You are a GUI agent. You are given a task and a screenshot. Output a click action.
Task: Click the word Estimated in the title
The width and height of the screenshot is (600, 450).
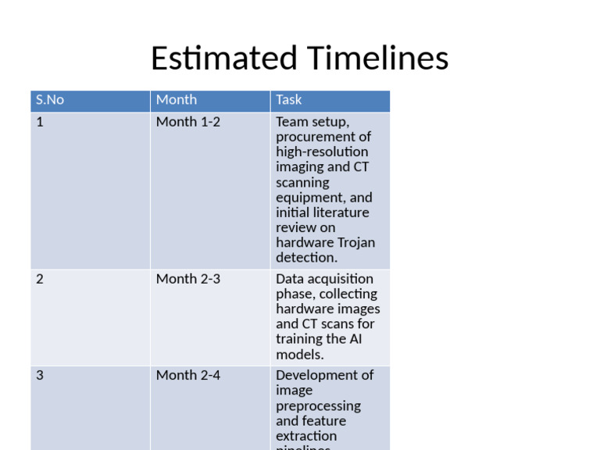(x=223, y=59)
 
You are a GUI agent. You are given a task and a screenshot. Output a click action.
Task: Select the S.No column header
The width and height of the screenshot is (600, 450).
(x=50, y=100)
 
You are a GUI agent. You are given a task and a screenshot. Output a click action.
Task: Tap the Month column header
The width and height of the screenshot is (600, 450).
(x=177, y=100)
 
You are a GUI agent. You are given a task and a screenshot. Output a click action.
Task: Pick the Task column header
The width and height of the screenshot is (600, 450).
(x=288, y=100)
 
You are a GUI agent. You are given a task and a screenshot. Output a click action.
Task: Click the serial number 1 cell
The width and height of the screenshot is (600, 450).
(x=40, y=122)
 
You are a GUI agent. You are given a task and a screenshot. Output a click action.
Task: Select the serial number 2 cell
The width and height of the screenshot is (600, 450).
(x=40, y=279)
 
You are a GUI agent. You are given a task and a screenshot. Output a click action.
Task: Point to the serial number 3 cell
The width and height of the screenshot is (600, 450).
(x=40, y=375)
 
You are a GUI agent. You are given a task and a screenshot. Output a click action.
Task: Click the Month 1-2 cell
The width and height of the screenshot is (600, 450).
(x=188, y=122)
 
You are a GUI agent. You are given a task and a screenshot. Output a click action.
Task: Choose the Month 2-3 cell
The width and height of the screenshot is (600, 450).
(x=188, y=279)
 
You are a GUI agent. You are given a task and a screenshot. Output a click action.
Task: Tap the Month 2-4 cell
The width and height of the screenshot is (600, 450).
(x=188, y=375)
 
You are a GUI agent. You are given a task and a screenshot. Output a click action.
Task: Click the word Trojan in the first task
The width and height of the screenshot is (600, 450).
(x=355, y=243)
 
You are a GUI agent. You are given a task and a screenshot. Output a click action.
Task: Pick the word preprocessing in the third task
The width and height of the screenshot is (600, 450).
(x=318, y=406)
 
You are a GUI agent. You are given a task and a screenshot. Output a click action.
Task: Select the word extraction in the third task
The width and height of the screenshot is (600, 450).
(x=306, y=436)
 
